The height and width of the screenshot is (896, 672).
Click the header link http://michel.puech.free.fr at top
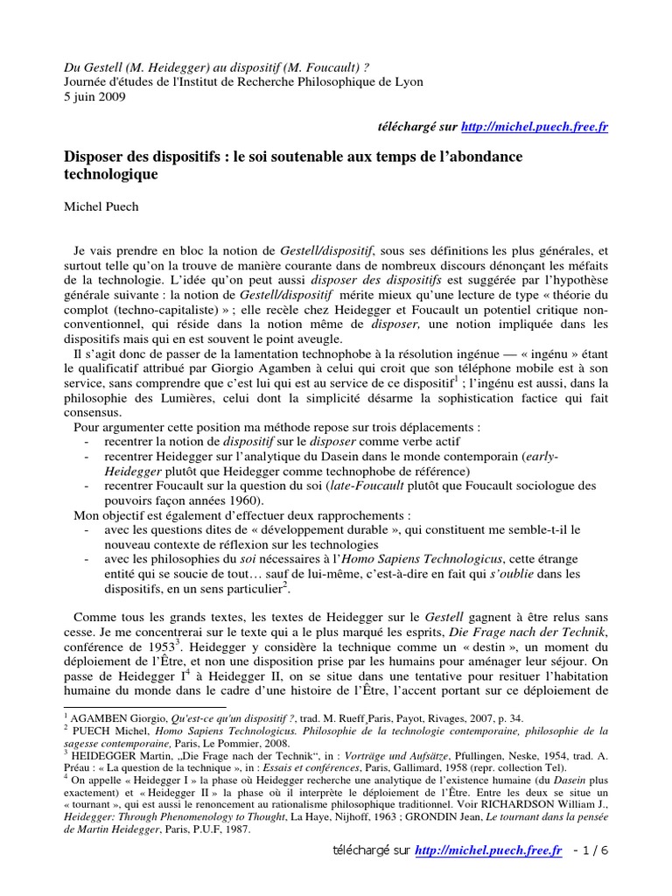click(x=534, y=127)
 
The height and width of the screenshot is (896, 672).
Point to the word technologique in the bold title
click(x=112, y=175)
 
